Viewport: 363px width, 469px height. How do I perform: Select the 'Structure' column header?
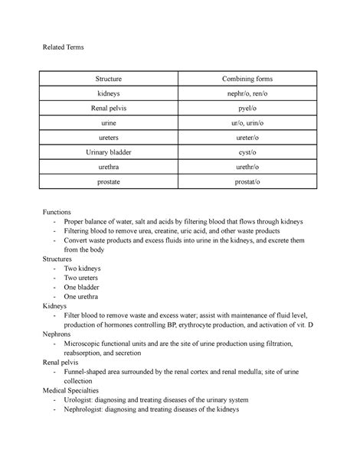[x=108, y=79]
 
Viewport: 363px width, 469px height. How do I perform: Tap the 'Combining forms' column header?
[x=247, y=79]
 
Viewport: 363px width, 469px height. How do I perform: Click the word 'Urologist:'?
[x=83, y=399]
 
